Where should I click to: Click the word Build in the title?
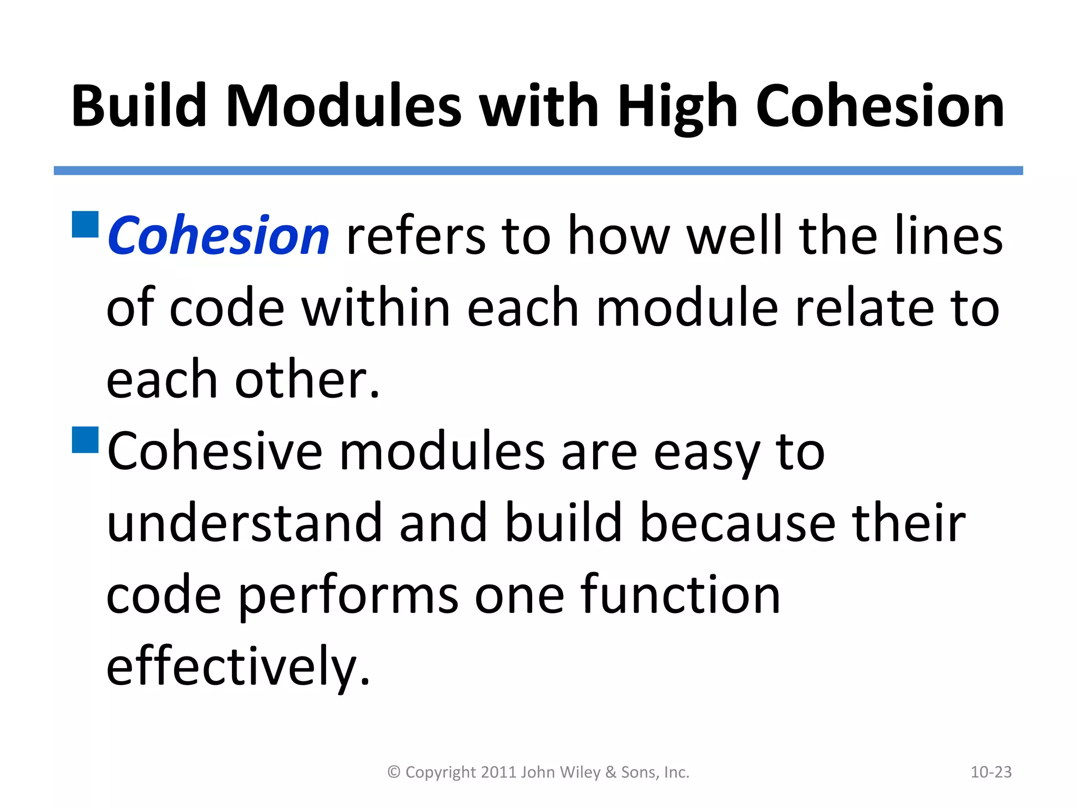pyautogui.click(x=139, y=106)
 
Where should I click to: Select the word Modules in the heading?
pyautogui.click(x=343, y=106)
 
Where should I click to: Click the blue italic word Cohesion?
pyautogui.click(x=218, y=236)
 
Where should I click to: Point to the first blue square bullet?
pyautogui.click(x=85, y=225)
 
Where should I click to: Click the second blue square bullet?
pyautogui.click(x=85, y=440)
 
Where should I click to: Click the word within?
pyautogui.click(x=377, y=308)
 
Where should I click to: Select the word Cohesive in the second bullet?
pyautogui.click(x=215, y=452)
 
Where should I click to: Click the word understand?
pyautogui.click(x=244, y=523)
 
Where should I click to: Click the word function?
pyautogui.click(x=679, y=595)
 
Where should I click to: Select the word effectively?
pyautogui.click(x=238, y=667)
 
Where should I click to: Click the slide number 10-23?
pyautogui.click(x=991, y=772)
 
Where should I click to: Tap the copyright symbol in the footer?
pyautogui.click(x=394, y=772)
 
